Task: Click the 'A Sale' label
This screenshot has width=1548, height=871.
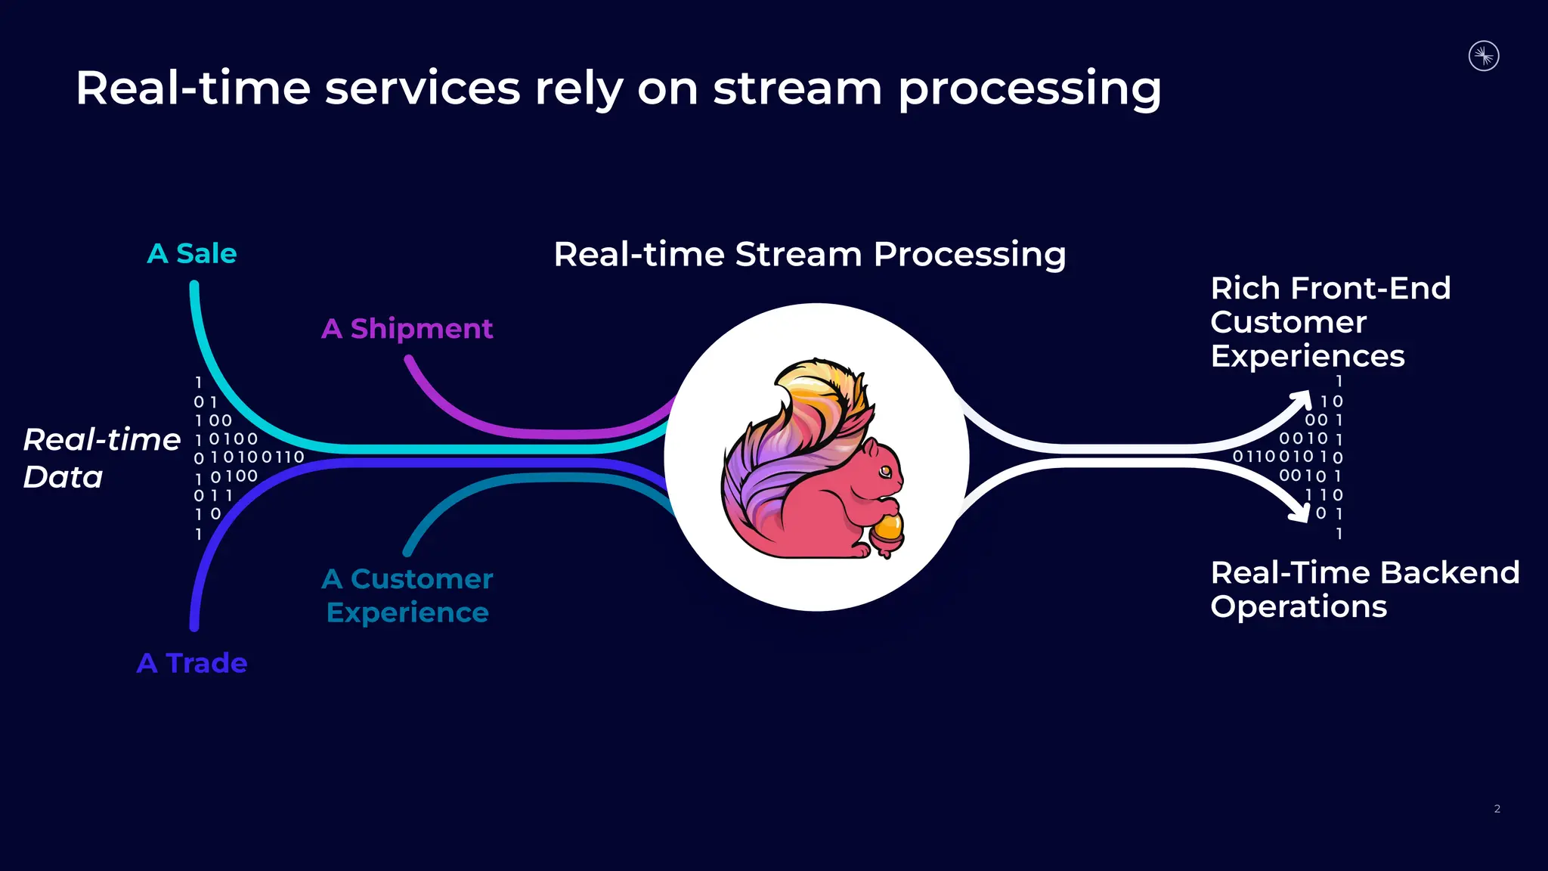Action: click(x=192, y=254)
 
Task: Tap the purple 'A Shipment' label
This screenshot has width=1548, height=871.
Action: click(x=407, y=329)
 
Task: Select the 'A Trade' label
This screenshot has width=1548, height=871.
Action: click(x=192, y=663)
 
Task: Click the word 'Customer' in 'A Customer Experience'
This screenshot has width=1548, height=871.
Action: click(x=421, y=579)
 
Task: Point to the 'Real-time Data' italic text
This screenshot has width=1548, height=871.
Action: click(x=101, y=458)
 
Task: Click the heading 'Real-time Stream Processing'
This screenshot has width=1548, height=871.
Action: click(x=810, y=255)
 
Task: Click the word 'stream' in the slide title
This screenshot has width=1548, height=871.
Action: click(x=797, y=88)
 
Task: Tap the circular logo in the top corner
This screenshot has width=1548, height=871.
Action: click(x=1484, y=56)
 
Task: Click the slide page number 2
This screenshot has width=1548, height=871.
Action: click(x=1497, y=809)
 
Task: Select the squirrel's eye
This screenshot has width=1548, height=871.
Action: click(x=885, y=472)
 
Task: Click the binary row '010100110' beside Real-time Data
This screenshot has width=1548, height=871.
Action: click(x=249, y=457)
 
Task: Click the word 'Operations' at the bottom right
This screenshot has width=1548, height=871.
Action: click(x=1298, y=607)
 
